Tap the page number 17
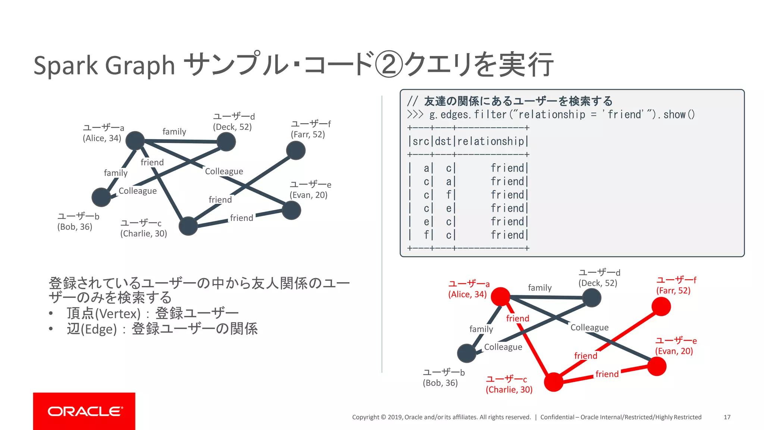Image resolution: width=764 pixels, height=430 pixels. pyautogui.click(x=727, y=417)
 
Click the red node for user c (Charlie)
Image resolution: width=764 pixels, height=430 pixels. pyautogui.click(x=554, y=382)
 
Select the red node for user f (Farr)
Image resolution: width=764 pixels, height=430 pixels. pyautogui.click(x=661, y=306)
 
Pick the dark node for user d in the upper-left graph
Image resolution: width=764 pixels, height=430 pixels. pyautogui.click(x=226, y=142)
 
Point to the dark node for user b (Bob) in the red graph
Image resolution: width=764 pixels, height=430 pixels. pyautogui.click(x=467, y=353)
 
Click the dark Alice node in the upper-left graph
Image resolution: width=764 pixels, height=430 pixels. pyautogui.click(x=135, y=141)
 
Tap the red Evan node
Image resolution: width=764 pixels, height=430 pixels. pyautogui.click(x=657, y=366)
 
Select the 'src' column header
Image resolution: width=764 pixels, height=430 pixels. pyautogui.click(x=421, y=141)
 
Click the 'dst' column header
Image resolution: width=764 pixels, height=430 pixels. pyautogui.click(x=443, y=141)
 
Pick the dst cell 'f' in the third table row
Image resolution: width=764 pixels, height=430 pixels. pyautogui.click(x=449, y=195)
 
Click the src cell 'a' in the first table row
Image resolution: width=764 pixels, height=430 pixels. pyautogui.click(x=426, y=168)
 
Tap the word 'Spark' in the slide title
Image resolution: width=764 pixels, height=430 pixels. pyautogui.click(x=66, y=65)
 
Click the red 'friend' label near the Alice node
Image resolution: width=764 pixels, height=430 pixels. pyautogui.click(x=517, y=318)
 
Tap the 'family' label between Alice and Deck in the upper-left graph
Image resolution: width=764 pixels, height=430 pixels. pyautogui.click(x=174, y=132)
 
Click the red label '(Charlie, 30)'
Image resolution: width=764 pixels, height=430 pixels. pyautogui.click(x=509, y=390)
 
